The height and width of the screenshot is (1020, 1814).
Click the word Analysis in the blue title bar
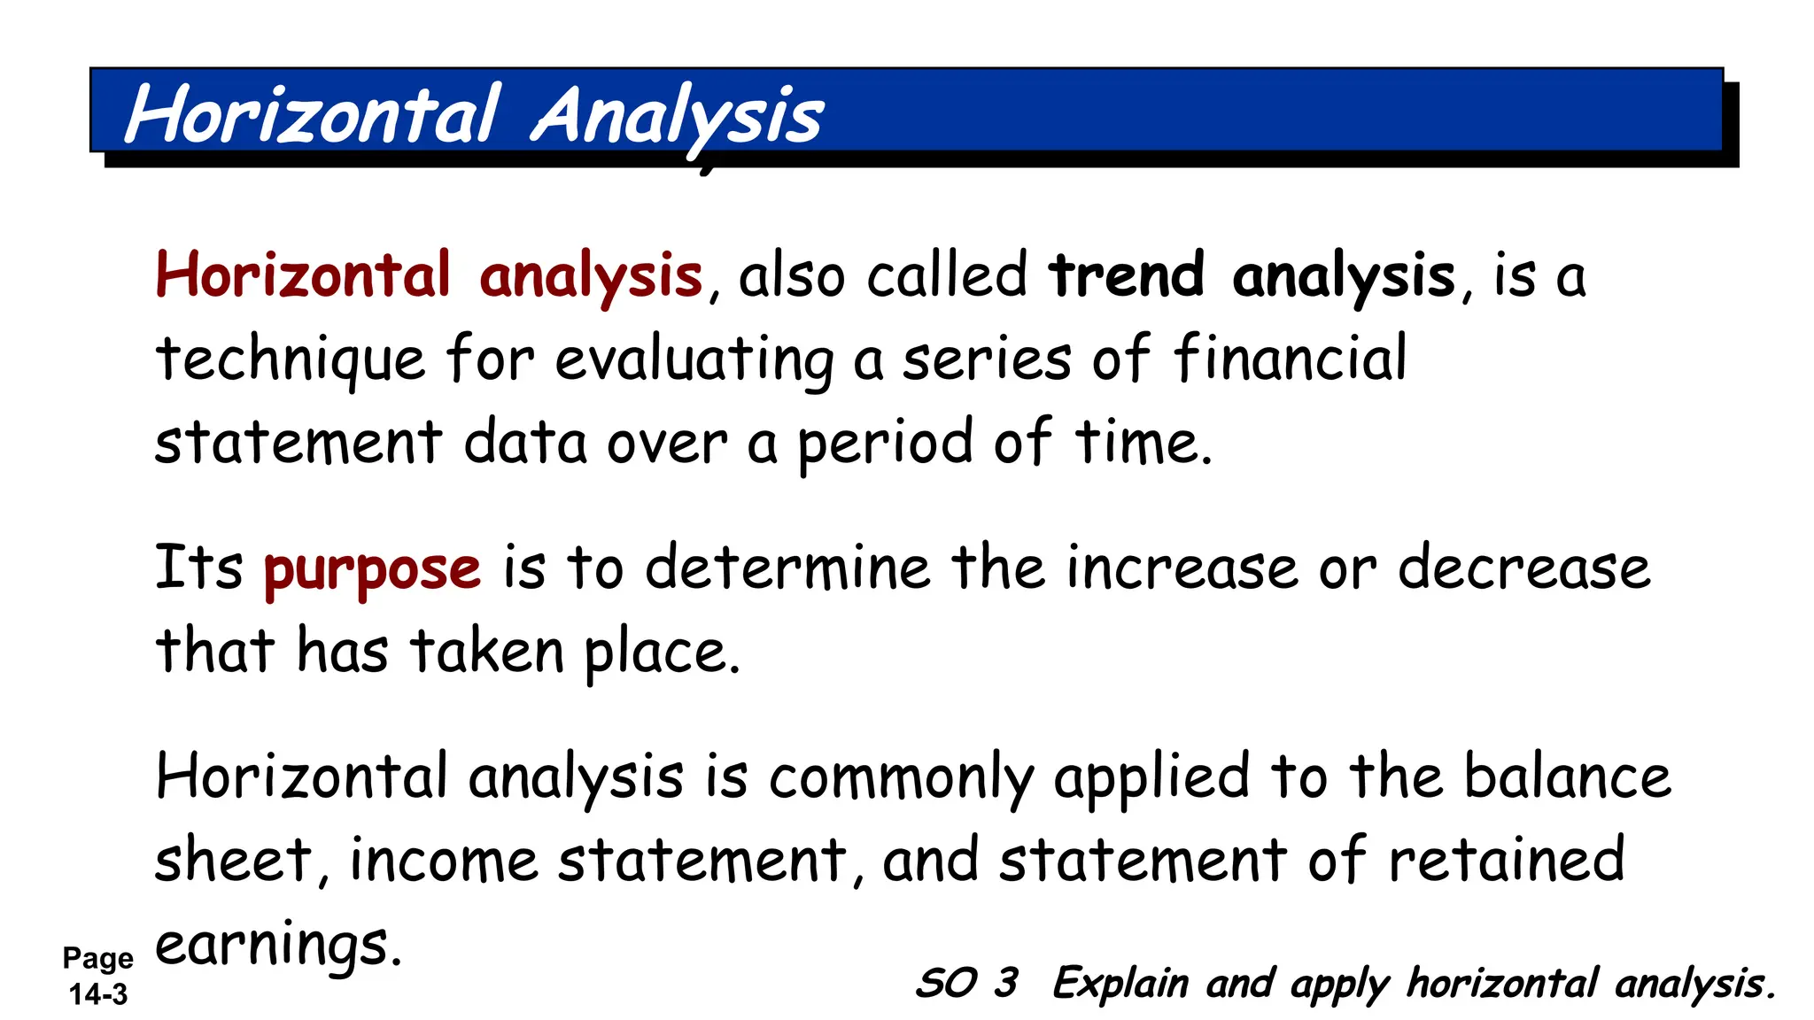click(678, 116)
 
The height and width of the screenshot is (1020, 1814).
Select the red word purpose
click(372, 568)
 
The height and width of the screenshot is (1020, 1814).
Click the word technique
click(291, 359)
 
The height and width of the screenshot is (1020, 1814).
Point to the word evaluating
click(694, 359)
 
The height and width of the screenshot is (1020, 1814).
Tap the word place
click(661, 653)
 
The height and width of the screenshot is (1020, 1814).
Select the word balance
click(1567, 777)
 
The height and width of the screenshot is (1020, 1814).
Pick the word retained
click(1506, 860)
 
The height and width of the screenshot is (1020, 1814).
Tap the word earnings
click(278, 945)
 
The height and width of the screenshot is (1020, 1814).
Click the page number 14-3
click(98, 994)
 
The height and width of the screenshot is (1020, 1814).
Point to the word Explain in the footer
click(1120, 984)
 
